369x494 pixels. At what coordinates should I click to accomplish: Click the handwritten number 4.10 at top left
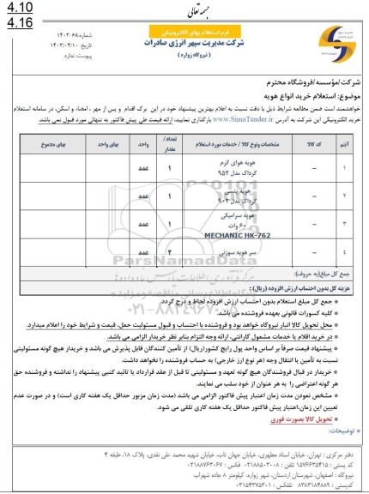point(17,9)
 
